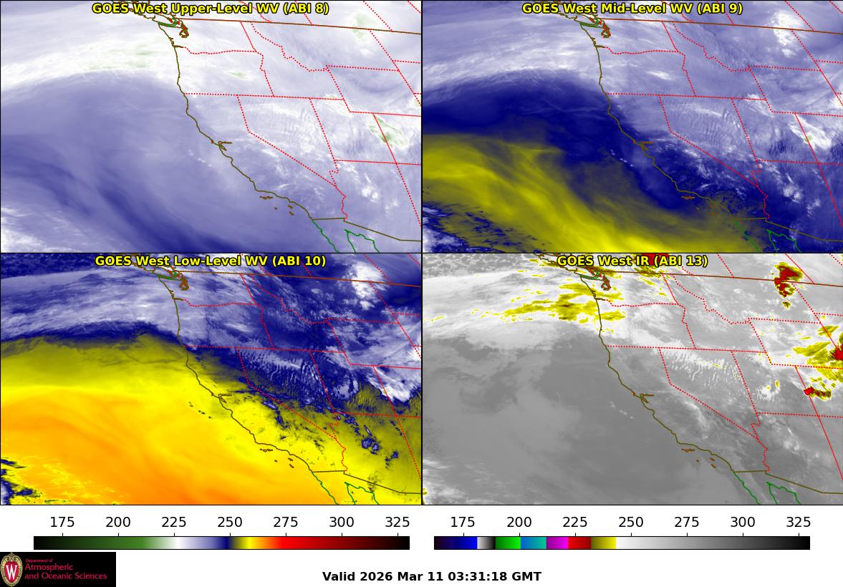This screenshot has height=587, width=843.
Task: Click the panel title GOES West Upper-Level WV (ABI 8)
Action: pos(211,9)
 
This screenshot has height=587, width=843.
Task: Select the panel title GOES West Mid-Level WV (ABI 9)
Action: pos(632,9)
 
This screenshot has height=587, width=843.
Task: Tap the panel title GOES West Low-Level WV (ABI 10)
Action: pos(211,261)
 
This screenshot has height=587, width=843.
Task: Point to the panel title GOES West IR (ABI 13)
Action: pos(632,261)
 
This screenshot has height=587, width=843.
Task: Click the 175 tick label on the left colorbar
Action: pos(63,522)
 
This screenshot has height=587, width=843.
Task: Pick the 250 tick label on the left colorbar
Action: pos(230,522)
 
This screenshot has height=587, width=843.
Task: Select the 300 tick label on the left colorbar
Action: pos(342,522)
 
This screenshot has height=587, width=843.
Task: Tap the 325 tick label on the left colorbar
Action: pos(398,522)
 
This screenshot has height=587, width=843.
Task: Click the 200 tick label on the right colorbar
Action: pos(519,522)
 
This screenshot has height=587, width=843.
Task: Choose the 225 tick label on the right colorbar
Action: pos(575,522)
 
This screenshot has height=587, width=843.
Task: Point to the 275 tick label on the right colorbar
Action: pos(687,522)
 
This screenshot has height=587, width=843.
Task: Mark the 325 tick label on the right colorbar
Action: pos(799,522)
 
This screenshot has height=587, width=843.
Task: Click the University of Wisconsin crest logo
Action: pos(12,569)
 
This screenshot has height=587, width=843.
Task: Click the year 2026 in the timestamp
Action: pos(376,576)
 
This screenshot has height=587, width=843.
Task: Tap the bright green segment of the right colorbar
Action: pos(508,543)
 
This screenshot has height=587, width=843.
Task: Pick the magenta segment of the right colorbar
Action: pos(557,543)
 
